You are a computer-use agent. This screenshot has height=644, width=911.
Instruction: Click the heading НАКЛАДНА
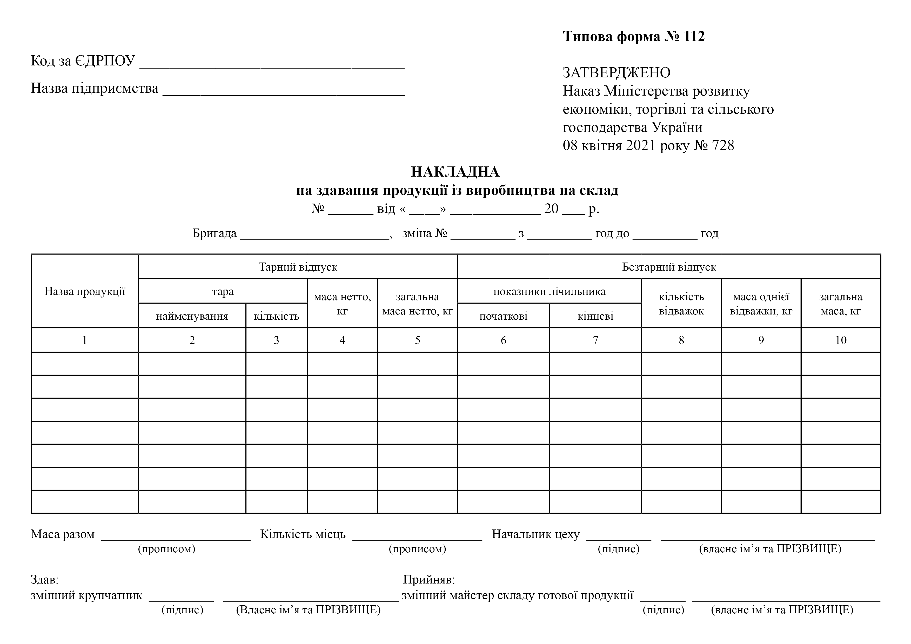(x=455, y=172)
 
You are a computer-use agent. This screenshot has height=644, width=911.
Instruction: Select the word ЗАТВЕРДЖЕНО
(x=617, y=73)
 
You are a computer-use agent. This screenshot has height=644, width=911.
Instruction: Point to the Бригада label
(x=214, y=233)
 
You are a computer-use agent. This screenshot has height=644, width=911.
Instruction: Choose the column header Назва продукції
(x=84, y=292)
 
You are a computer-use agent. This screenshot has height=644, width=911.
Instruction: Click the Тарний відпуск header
(x=298, y=267)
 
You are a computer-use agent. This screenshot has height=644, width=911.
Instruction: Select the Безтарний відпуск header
(x=669, y=267)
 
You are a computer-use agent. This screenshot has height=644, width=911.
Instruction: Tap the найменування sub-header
(x=192, y=316)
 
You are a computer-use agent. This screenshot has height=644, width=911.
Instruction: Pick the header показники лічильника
(x=549, y=292)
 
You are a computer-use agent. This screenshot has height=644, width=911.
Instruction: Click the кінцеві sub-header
(x=595, y=316)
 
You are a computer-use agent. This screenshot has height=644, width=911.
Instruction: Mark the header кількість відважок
(x=681, y=304)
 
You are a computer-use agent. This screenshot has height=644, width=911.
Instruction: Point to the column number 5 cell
(x=417, y=340)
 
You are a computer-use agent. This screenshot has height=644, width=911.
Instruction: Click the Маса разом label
(x=63, y=534)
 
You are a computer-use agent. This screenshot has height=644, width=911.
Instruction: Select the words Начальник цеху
(x=536, y=534)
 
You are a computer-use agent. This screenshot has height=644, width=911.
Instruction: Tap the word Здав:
(x=44, y=580)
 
